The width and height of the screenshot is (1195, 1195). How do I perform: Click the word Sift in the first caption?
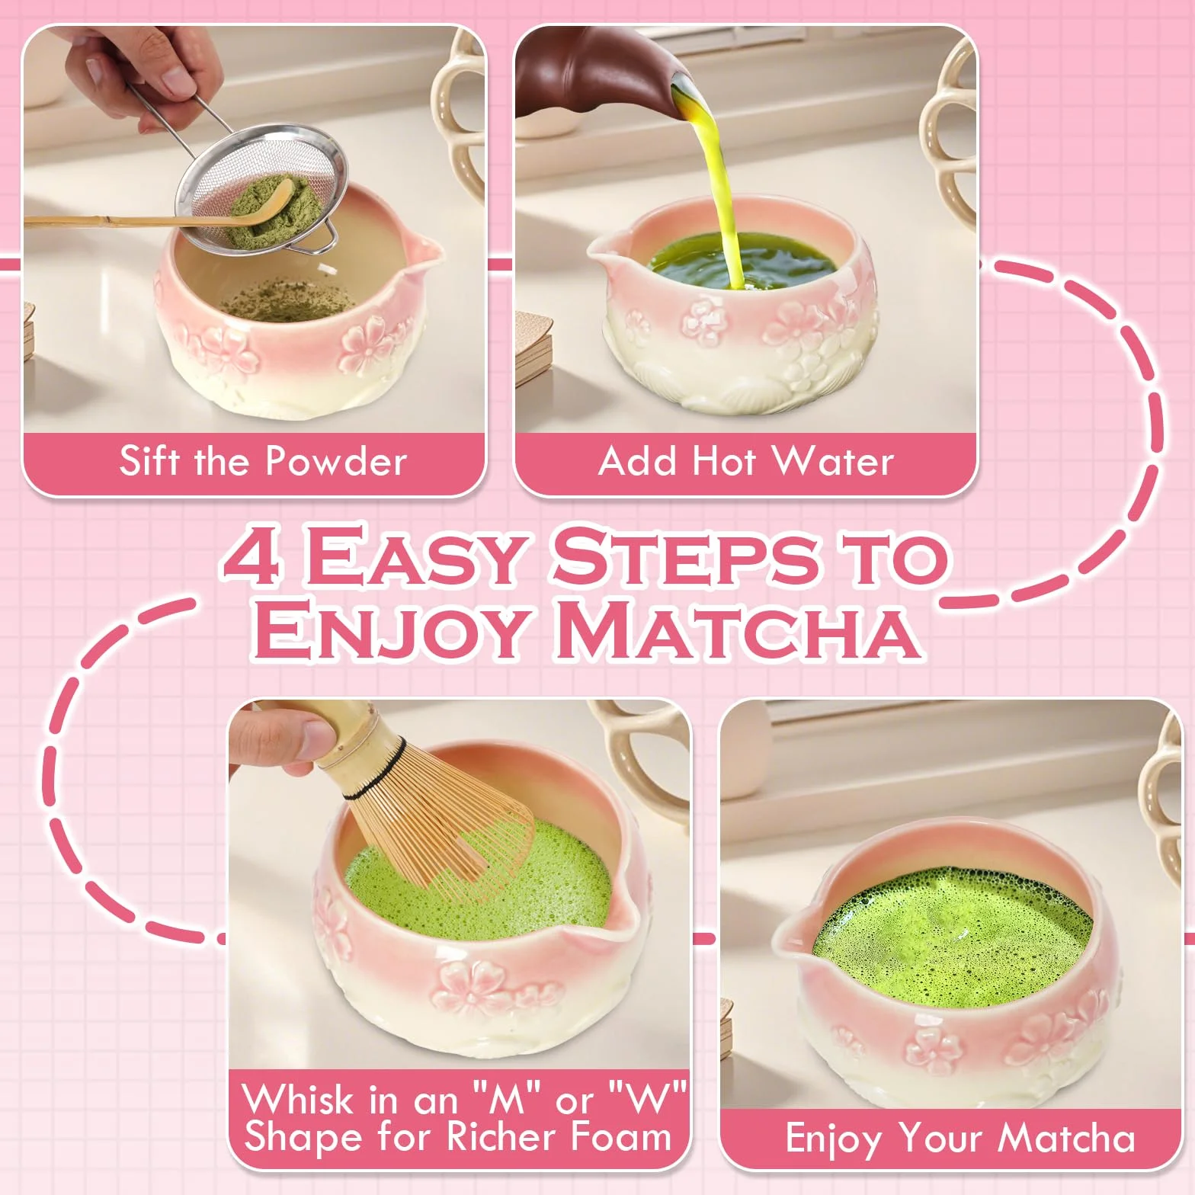pos(150,460)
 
